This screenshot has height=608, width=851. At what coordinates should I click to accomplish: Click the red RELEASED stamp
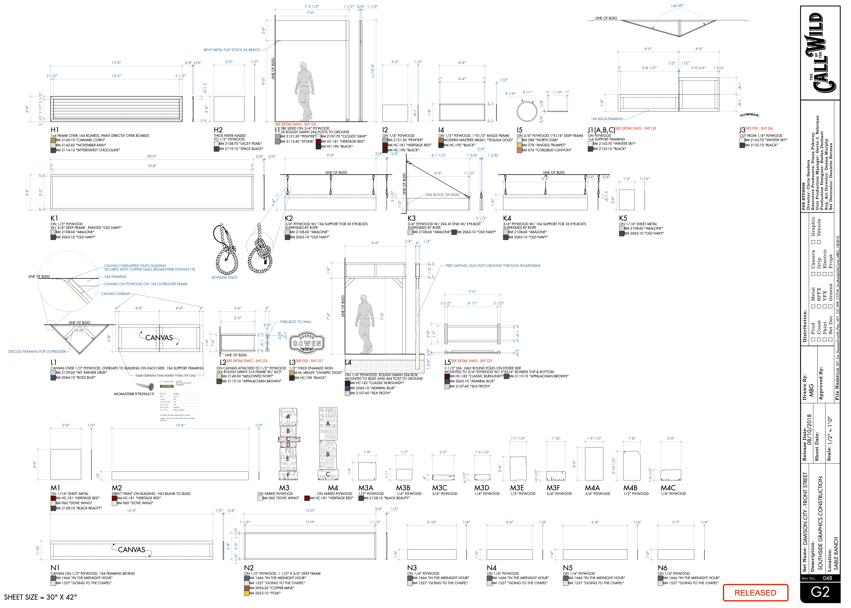point(755,593)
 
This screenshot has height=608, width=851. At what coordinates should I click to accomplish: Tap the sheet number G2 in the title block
point(820,592)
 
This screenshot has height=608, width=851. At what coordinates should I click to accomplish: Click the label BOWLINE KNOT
point(225,277)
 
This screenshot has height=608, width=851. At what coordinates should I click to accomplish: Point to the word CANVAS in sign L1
point(159,338)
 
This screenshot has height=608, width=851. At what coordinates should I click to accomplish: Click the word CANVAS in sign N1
point(131,550)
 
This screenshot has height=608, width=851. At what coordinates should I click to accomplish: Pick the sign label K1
point(54,218)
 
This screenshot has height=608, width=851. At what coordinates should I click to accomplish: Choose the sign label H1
point(55,130)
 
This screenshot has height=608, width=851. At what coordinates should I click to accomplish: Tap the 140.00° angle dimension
point(677,6)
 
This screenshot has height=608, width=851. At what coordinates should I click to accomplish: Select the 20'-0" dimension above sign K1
point(152,156)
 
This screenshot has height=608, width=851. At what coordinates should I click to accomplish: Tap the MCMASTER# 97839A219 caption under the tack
point(134,394)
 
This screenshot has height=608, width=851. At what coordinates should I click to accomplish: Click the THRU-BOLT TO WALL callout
point(295,322)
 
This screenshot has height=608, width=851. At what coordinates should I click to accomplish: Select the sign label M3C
point(439,488)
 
